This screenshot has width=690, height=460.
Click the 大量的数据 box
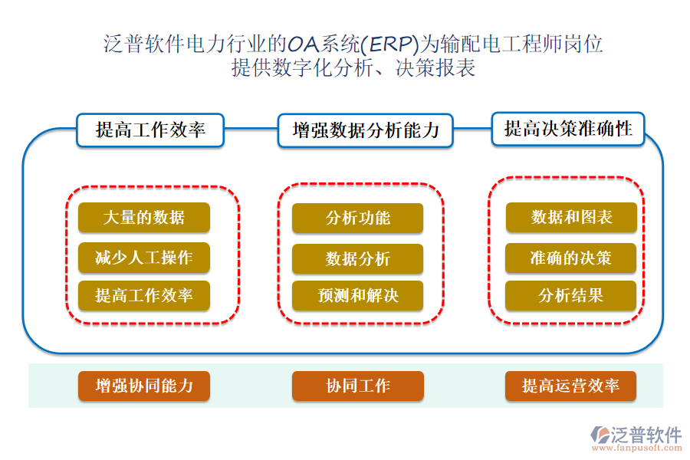click(x=143, y=218)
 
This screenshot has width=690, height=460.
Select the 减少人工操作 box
click(x=143, y=258)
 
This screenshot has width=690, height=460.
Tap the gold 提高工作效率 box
click(x=143, y=295)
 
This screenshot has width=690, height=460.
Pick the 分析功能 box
click(x=357, y=218)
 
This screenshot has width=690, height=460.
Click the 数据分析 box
click(x=357, y=259)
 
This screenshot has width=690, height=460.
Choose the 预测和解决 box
click(x=357, y=295)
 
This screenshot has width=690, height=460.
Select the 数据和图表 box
click(x=571, y=218)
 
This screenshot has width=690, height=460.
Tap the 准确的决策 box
click(x=571, y=258)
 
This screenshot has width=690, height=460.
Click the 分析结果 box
click(x=571, y=295)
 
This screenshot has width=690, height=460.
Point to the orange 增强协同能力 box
click(x=143, y=386)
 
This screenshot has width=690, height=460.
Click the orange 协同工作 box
click(x=357, y=386)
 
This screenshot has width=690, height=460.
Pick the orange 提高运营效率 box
click(x=571, y=386)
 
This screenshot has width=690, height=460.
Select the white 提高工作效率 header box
click(x=150, y=130)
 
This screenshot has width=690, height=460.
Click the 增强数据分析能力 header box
click(x=365, y=130)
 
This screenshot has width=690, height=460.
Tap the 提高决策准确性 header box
click(x=568, y=129)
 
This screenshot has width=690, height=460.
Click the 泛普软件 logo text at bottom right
click(x=646, y=435)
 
